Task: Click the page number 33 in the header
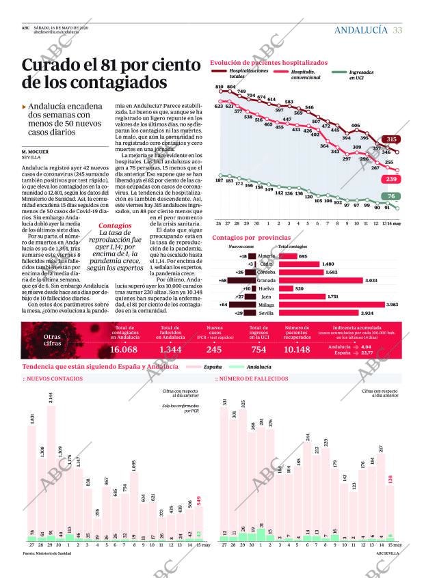(x=397, y=30)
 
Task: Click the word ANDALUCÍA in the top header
(x=361, y=30)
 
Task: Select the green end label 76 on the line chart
(x=391, y=196)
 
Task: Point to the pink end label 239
(x=391, y=178)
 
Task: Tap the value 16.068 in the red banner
(x=124, y=349)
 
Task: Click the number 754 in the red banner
(x=259, y=349)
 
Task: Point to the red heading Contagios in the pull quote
(x=115, y=225)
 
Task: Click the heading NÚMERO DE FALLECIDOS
(x=253, y=379)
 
